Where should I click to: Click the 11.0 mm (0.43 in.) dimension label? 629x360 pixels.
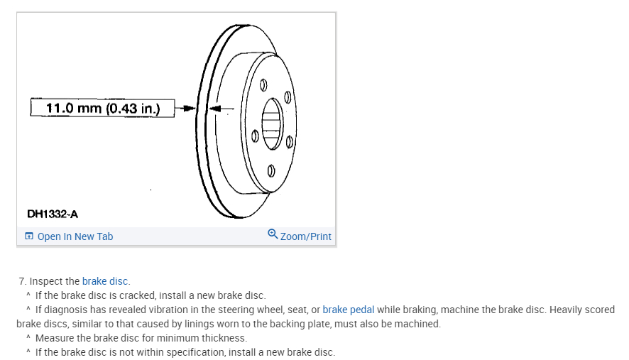(x=103, y=109)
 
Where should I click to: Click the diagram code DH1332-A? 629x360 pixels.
(x=53, y=213)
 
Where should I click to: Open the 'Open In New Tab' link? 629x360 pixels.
(x=75, y=236)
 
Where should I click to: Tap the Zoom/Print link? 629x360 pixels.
(x=306, y=236)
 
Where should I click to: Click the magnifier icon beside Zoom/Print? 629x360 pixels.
(x=273, y=234)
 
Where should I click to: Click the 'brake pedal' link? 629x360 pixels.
(x=348, y=310)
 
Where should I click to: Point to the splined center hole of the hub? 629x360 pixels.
(x=272, y=124)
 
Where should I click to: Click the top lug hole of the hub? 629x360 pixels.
(x=263, y=86)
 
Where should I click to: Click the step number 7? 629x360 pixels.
(x=22, y=281)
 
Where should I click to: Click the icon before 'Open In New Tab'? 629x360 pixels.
(x=29, y=236)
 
